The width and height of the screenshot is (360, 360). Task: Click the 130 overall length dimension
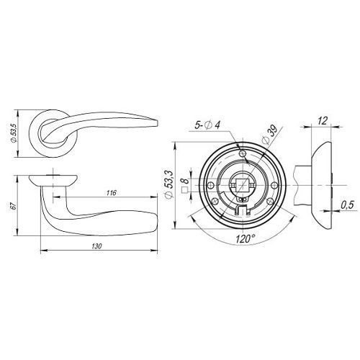[96, 246]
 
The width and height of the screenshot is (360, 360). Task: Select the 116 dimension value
[112, 193]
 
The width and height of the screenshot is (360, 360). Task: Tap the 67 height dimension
[14, 206]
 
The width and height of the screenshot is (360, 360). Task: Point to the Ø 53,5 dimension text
[14, 133]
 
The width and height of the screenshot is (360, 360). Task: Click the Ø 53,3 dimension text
[169, 184]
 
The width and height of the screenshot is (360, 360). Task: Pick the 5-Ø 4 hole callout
[207, 125]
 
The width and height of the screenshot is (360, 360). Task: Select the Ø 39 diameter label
[269, 135]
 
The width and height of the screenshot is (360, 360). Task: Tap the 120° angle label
[245, 239]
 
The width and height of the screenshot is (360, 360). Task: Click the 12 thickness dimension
[323, 121]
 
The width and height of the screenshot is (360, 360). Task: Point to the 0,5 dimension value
[347, 205]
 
